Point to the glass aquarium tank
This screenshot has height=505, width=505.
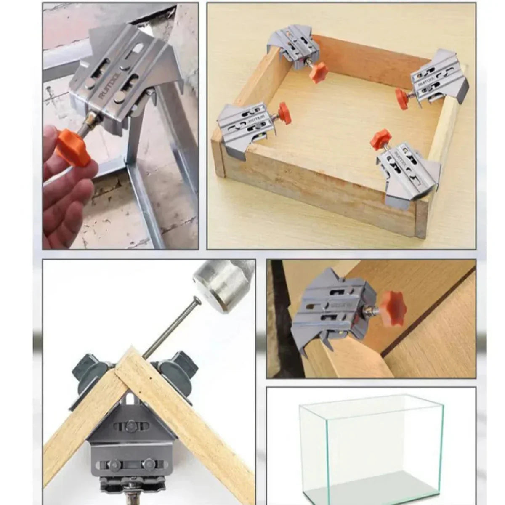click(370, 442)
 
